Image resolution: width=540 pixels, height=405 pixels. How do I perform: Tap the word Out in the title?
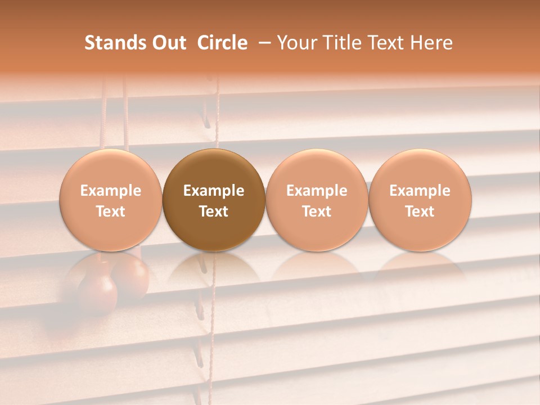pyautogui.click(x=168, y=43)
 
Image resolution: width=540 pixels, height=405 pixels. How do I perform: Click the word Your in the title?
pyautogui.click(x=296, y=43)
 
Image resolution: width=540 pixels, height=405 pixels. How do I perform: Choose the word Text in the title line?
pyautogui.click(x=385, y=43)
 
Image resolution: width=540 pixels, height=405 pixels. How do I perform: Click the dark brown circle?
pyautogui.click(x=214, y=200)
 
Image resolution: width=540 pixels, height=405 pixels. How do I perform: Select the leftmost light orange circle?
pyautogui.click(x=111, y=200)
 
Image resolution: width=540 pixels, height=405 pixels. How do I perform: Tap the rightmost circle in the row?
pyautogui.click(x=420, y=200)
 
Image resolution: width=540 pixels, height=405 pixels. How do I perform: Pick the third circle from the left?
pyautogui.click(x=317, y=200)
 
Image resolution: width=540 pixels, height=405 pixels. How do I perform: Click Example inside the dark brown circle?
pyautogui.click(x=214, y=191)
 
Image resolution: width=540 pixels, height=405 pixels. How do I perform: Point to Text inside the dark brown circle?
pyautogui.click(x=214, y=211)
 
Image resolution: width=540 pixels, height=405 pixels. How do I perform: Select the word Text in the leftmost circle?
pyautogui.click(x=111, y=211)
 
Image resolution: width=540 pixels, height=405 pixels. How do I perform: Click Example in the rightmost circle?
pyautogui.click(x=420, y=191)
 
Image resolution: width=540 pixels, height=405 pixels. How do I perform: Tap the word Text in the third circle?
pyautogui.click(x=317, y=211)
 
